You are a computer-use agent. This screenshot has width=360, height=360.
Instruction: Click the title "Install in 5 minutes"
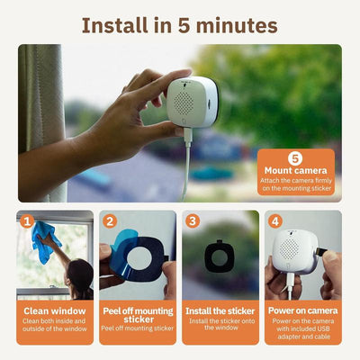(x=180, y=24)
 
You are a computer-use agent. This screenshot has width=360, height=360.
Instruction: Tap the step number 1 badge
(x=27, y=220)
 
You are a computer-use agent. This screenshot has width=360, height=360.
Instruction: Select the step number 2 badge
(x=109, y=220)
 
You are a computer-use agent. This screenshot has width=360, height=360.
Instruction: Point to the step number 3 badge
(x=192, y=220)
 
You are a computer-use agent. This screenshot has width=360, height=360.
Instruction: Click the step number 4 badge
(x=274, y=220)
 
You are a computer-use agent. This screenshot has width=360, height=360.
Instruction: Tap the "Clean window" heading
(x=55, y=311)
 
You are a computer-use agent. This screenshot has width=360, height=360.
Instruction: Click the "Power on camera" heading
(x=303, y=311)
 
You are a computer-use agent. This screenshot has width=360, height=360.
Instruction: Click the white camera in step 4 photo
(x=300, y=247)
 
